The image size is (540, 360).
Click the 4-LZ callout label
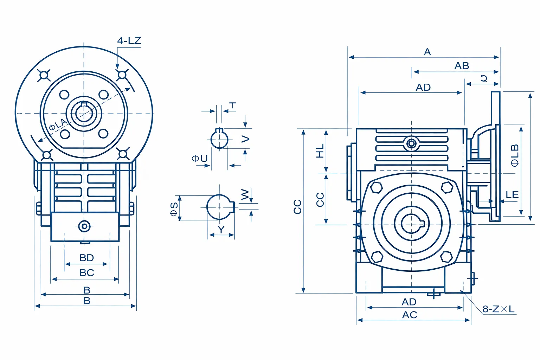click(x=129, y=40)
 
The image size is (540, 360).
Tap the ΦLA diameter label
click(x=58, y=124)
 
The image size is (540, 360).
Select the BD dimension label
click(x=86, y=258)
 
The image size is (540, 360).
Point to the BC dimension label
click(x=86, y=273)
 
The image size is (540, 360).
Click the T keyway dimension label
click(x=233, y=105)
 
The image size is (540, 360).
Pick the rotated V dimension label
click(x=245, y=139)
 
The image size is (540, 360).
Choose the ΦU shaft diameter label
click(x=200, y=159)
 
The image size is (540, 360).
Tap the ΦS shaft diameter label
click(x=174, y=209)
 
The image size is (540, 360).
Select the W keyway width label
click(x=245, y=194)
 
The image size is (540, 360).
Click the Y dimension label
click(x=221, y=230)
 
